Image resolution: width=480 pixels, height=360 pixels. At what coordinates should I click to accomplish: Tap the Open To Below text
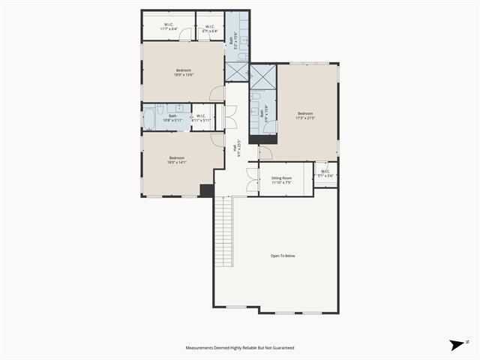283,256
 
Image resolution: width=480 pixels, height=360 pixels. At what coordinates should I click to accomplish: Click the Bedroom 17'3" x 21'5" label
304,115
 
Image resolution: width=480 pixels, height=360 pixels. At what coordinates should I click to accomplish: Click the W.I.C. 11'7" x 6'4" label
169,28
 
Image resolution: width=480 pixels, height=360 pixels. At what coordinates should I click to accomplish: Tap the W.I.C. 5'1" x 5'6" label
325,173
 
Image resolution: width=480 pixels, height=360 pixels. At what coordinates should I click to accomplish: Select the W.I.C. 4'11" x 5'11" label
202,117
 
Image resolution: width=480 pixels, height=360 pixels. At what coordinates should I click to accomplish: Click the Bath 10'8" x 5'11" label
172,117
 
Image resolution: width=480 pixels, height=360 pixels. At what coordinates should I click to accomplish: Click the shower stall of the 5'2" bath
236,70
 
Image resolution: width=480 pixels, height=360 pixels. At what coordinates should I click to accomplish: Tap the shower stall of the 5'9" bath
262,77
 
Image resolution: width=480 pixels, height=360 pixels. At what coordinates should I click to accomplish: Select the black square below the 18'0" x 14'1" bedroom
207,190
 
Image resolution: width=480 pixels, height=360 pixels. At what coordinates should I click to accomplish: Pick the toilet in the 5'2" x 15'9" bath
241,55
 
